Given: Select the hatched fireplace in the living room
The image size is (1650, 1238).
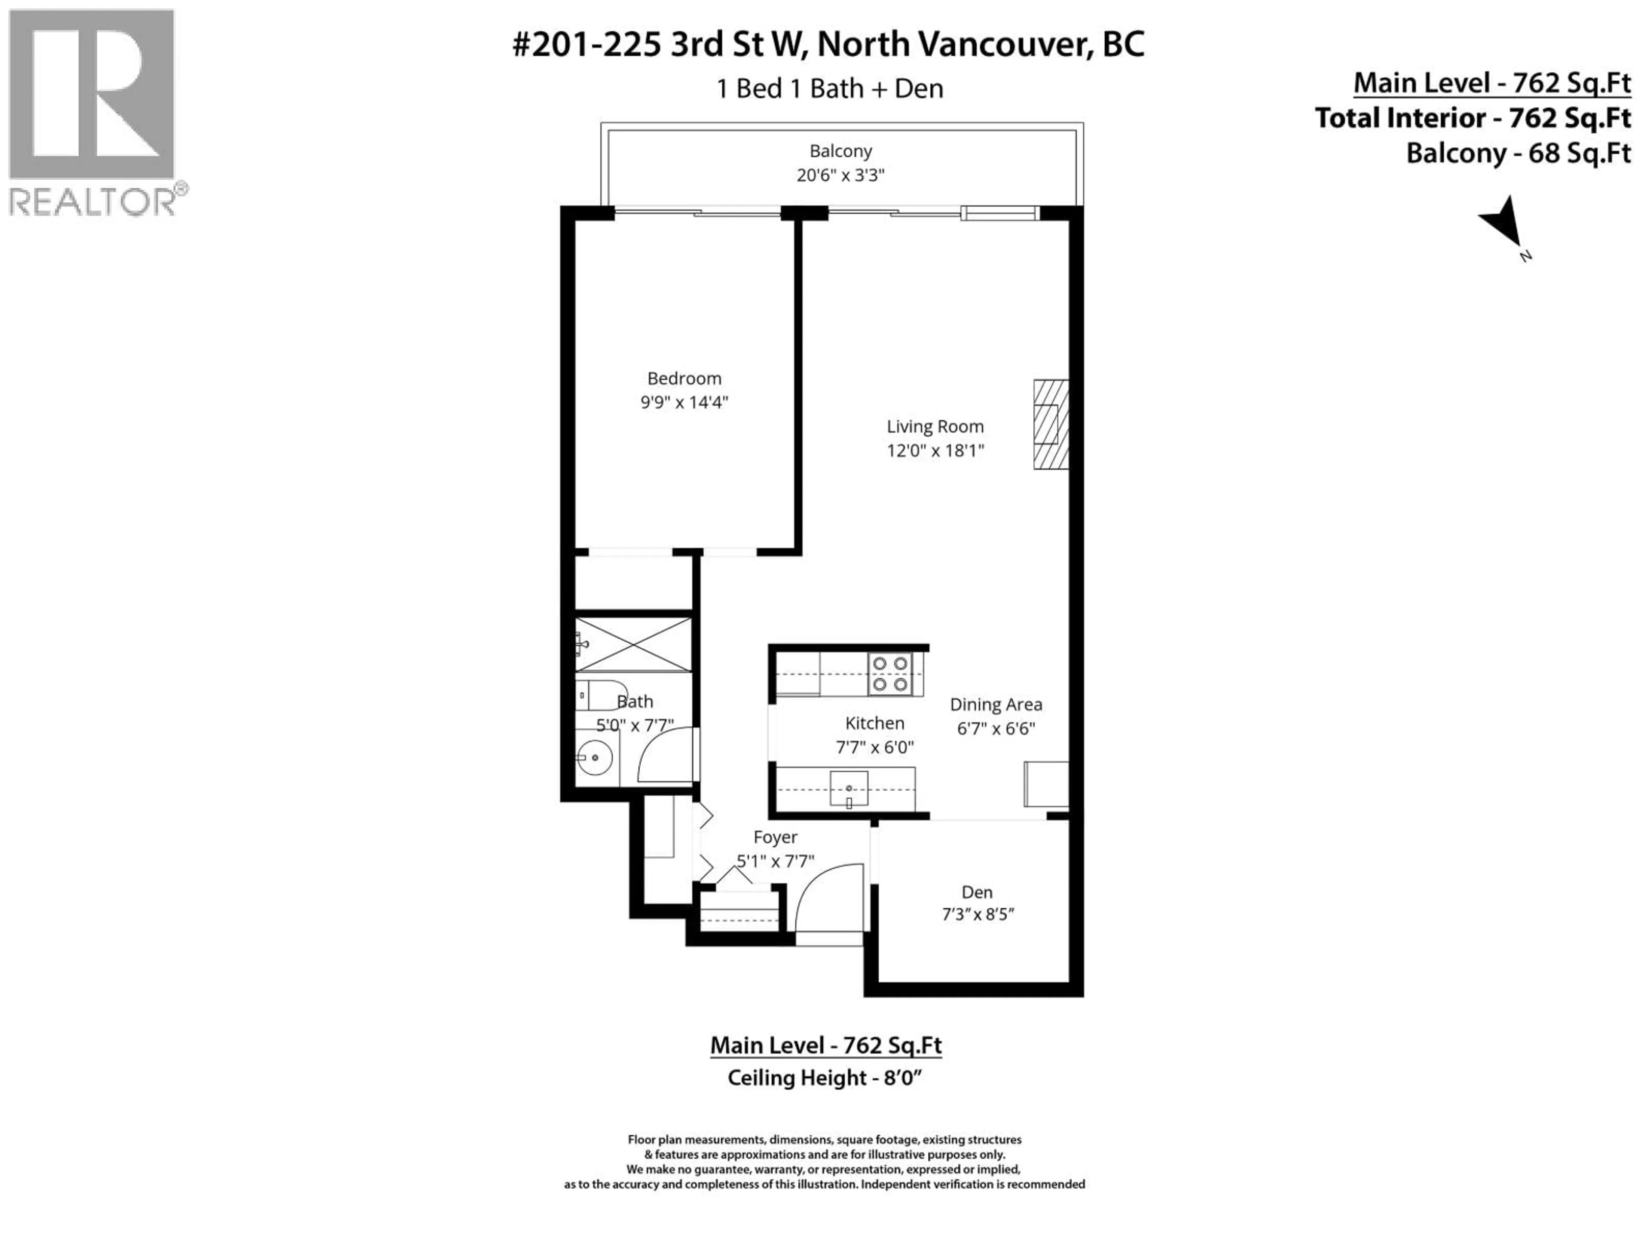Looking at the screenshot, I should click(1050, 425).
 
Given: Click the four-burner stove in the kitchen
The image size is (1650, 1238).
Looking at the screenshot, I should click(891, 674).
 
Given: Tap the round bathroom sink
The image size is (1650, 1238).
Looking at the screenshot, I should click(595, 758).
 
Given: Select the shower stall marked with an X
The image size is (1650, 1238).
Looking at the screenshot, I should click(633, 644).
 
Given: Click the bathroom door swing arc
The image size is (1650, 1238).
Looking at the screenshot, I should click(664, 755).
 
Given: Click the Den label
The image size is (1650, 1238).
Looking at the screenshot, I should click(976, 892).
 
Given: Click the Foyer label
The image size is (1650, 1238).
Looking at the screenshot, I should click(775, 837).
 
